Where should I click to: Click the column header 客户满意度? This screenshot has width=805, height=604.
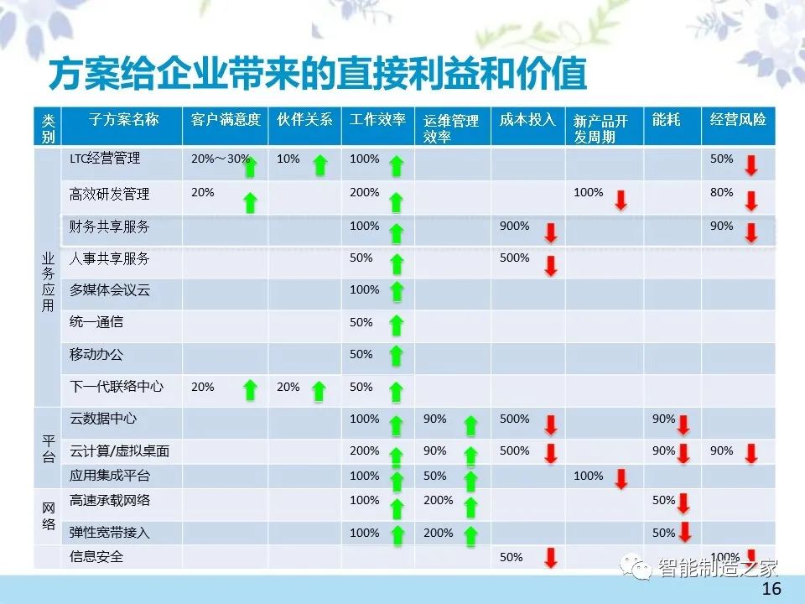click(x=226, y=120)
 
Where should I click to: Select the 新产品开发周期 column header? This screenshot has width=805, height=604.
click(x=600, y=128)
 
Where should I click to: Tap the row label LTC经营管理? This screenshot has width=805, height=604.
click(x=105, y=159)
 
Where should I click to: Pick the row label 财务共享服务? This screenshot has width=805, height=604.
click(x=109, y=226)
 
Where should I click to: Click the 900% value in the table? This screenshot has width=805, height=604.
click(x=514, y=226)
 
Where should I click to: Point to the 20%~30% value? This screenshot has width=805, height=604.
click(x=221, y=159)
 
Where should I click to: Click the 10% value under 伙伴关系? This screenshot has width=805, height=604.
click(x=288, y=159)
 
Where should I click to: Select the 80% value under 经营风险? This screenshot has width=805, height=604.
click(x=721, y=193)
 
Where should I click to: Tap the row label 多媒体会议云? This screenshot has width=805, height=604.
click(x=109, y=290)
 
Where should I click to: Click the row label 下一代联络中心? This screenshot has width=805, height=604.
click(x=116, y=386)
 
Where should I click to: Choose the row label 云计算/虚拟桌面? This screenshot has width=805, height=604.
click(x=119, y=451)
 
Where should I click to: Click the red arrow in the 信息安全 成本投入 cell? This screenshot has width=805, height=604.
click(x=551, y=558)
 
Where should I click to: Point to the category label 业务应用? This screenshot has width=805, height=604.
click(x=48, y=282)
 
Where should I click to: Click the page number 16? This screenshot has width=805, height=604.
click(x=771, y=589)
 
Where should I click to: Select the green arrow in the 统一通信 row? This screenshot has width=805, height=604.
click(x=397, y=325)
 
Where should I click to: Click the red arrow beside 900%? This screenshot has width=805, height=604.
click(x=551, y=232)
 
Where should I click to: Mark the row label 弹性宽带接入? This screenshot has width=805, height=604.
click(x=109, y=533)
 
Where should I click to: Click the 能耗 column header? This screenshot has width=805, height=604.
click(x=667, y=120)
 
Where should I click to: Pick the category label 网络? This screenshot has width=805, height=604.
click(x=49, y=516)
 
